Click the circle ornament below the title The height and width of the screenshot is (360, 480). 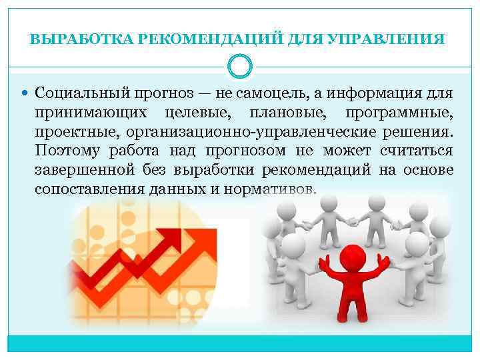pos(240,66)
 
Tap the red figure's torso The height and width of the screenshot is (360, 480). pos(352,283)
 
